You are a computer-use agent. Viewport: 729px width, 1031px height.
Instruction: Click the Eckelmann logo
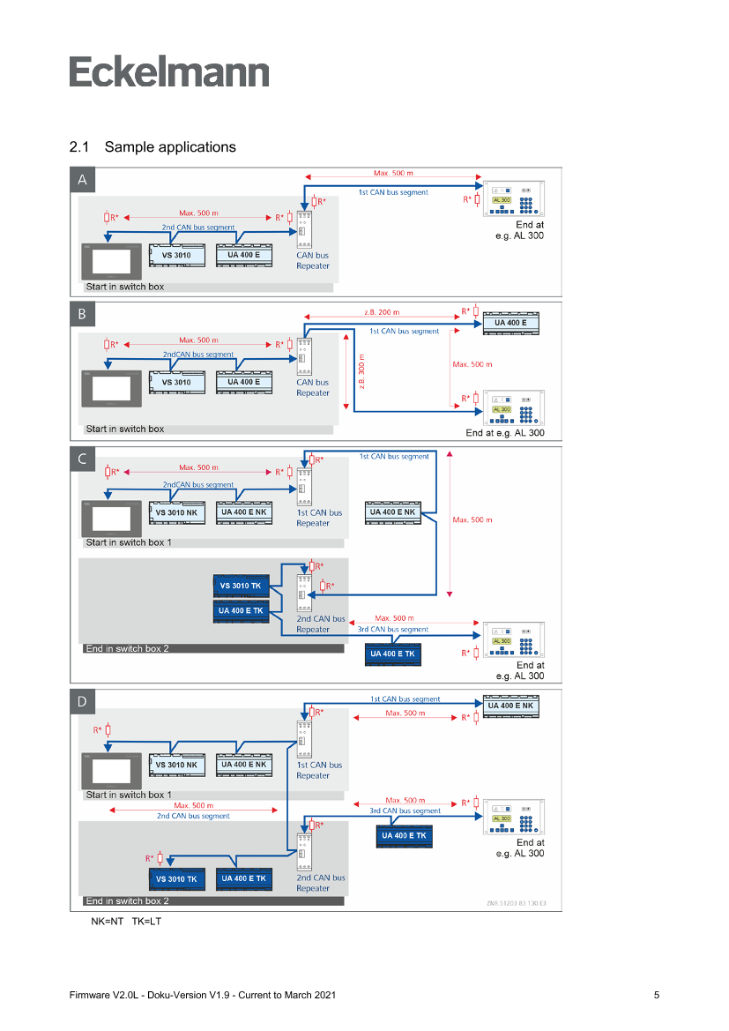(169, 72)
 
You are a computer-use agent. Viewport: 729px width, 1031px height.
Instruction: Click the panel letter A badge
(83, 181)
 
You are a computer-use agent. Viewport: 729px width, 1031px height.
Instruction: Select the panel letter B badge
(82, 315)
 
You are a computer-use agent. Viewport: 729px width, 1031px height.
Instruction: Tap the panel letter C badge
(82, 459)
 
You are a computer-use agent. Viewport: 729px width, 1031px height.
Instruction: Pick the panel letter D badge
(82, 702)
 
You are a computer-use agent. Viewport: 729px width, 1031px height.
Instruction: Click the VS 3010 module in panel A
(177, 255)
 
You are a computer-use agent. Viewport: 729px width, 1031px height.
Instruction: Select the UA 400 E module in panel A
(243, 255)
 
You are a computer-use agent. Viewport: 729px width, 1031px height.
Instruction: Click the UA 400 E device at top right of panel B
(510, 323)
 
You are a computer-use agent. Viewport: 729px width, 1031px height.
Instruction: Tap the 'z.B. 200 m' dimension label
(381, 312)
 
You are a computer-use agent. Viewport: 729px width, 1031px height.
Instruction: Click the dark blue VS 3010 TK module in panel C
(239, 586)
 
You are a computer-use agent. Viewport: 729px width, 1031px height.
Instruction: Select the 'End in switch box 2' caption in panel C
(127, 649)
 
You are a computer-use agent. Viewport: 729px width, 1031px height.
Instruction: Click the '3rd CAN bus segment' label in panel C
(393, 630)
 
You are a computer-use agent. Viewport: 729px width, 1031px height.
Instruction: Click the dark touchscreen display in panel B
(113, 387)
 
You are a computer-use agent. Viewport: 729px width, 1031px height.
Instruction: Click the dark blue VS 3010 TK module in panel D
(176, 879)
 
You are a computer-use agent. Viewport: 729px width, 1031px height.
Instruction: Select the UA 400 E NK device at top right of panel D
(510, 706)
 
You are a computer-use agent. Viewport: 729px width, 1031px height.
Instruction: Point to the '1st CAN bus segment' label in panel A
(393, 192)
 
